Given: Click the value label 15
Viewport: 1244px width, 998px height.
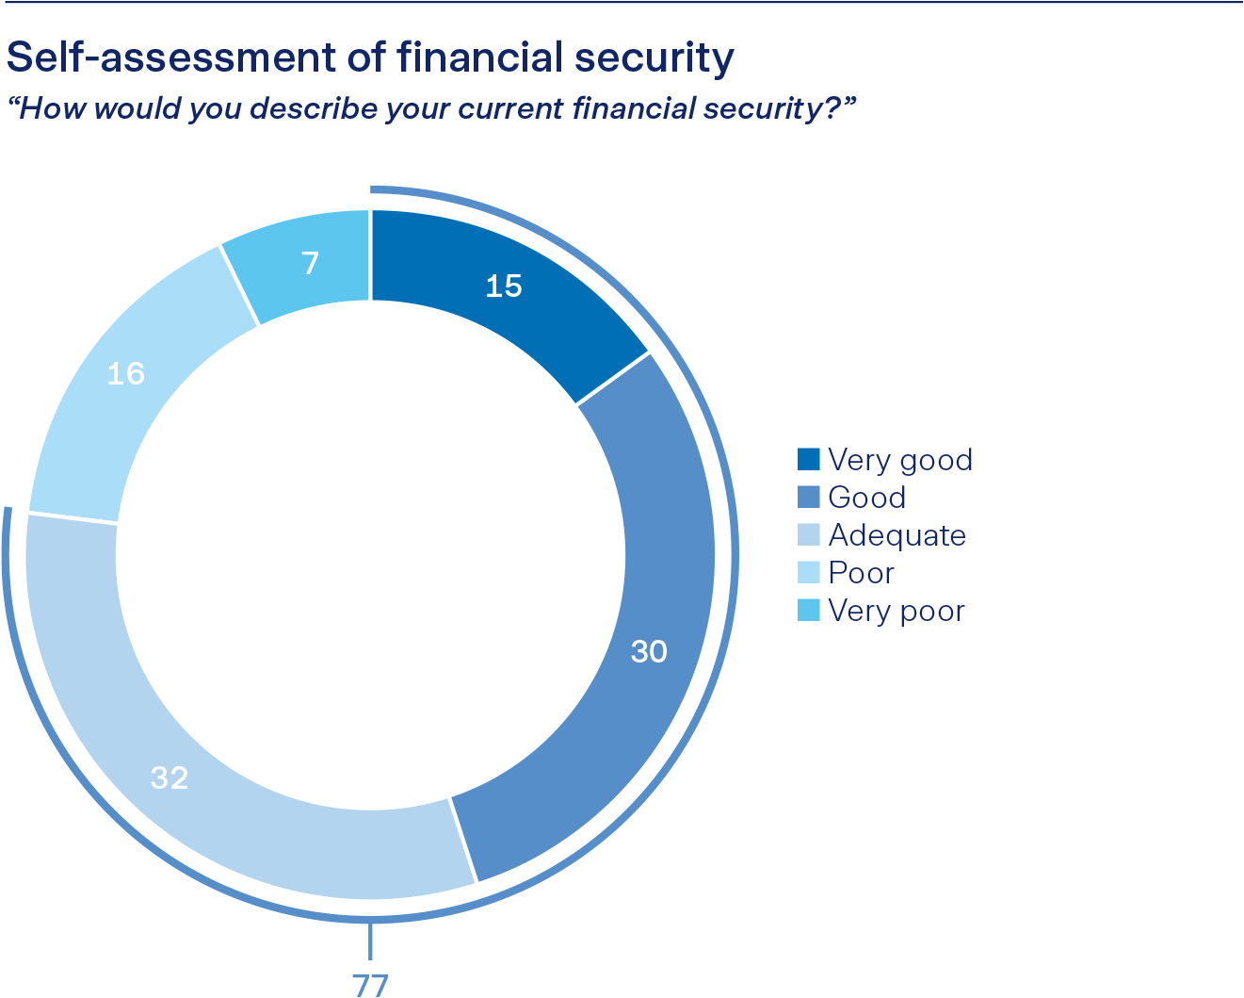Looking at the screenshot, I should point(504,286).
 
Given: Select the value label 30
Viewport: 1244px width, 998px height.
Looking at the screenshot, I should point(649,651).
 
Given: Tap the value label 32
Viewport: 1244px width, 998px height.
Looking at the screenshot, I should point(170,778).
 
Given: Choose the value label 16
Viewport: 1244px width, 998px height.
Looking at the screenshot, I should point(125,374).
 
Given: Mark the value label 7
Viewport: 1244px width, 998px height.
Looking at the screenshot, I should point(310,263).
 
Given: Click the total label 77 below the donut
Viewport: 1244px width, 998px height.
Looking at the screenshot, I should point(370,985).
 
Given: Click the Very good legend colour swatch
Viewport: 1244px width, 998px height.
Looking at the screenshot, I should point(809,460).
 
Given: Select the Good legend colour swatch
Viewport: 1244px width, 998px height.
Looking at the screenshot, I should point(809,498).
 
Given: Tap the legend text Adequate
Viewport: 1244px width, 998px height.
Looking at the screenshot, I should point(897,535).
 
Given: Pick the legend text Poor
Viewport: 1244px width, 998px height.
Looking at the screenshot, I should point(861,573).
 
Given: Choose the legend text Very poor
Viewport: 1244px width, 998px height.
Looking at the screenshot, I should point(897,611).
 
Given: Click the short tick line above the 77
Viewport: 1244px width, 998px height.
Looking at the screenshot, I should point(370,942).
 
